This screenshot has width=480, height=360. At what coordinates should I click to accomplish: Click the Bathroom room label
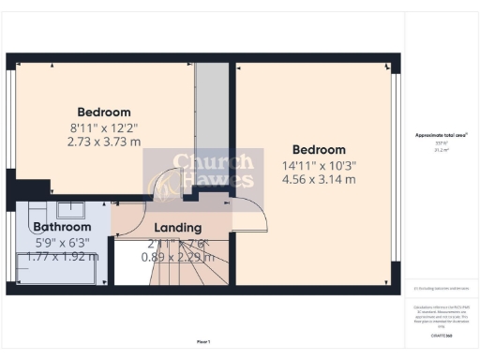62,227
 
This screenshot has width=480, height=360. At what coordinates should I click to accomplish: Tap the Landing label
177,228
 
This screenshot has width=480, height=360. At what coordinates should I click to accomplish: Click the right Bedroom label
319,149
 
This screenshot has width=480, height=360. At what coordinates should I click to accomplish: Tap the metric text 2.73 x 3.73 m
104,142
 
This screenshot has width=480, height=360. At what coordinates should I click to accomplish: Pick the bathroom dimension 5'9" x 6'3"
62,242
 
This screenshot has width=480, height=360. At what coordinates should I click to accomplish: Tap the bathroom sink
69,208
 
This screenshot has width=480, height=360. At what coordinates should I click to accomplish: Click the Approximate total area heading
441,136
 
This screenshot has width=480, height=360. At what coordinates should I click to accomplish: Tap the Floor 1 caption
202,340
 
